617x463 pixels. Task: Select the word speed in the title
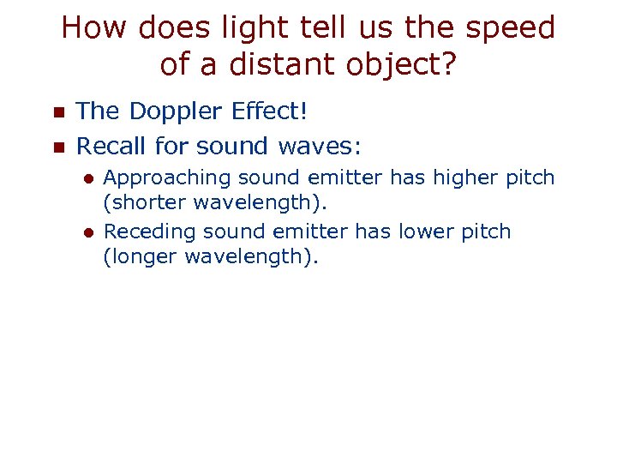click(512, 28)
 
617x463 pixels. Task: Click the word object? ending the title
click(397, 64)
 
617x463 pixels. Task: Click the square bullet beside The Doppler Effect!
click(58, 112)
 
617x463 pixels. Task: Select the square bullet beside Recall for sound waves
click(58, 147)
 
